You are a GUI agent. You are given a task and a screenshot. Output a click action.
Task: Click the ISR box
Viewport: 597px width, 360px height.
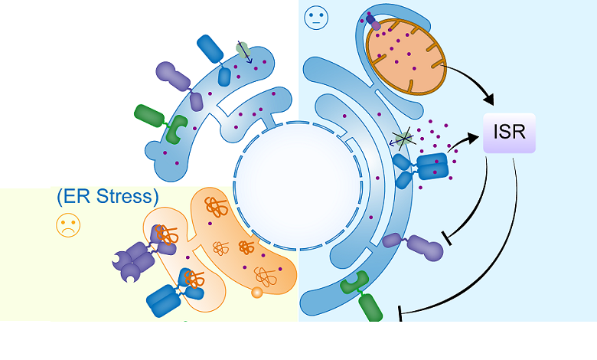pyautogui.click(x=509, y=132)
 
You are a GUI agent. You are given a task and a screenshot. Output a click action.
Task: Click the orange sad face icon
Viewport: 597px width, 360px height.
pyautogui.click(x=68, y=225)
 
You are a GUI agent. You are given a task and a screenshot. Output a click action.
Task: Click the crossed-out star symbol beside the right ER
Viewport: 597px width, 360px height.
pyautogui.click(x=403, y=138)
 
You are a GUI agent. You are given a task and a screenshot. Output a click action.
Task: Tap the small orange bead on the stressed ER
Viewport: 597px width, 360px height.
pyautogui.click(x=257, y=292)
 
